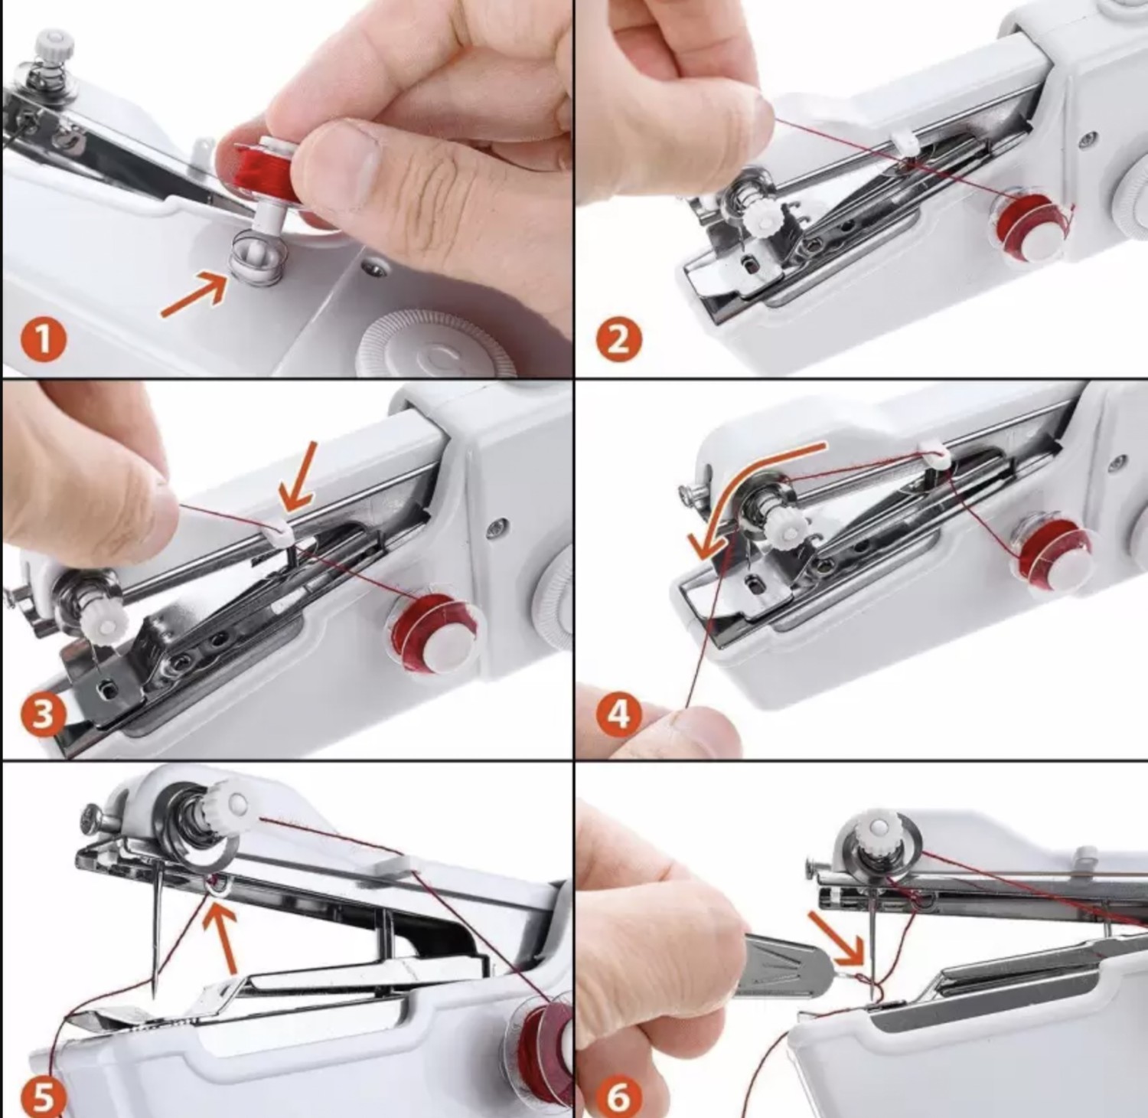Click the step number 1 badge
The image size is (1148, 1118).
(x=43, y=339)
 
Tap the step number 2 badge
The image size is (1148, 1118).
(x=618, y=339)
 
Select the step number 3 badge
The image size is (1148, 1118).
(x=43, y=714)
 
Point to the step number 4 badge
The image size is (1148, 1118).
(x=618, y=714)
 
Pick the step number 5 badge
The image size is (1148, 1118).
(x=43, y=1097)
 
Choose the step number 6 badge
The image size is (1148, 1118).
(x=618, y=1097)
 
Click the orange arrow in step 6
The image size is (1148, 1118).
(x=837, y=936)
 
